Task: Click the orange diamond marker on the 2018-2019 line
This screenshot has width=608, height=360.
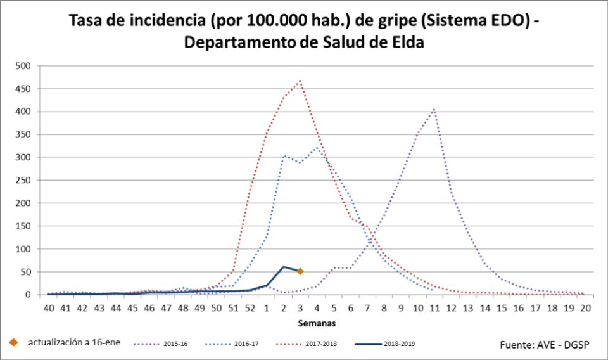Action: click(x=300, y=271)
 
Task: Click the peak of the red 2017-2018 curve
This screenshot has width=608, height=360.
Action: click(x=300, y=81)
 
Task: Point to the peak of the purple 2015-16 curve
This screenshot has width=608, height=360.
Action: click(x=434, y=109)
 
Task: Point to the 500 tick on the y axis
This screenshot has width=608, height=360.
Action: click(x=23, y=66)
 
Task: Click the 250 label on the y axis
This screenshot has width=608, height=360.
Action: click(x=23, y=180)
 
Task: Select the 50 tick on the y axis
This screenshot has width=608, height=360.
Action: click(x=26, y=272)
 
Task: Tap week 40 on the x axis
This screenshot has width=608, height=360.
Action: click(x=49, y=308)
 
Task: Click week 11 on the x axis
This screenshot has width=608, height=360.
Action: click(x=434, y=308)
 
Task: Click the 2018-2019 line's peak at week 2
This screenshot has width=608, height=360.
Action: click(x=283, y=267)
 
